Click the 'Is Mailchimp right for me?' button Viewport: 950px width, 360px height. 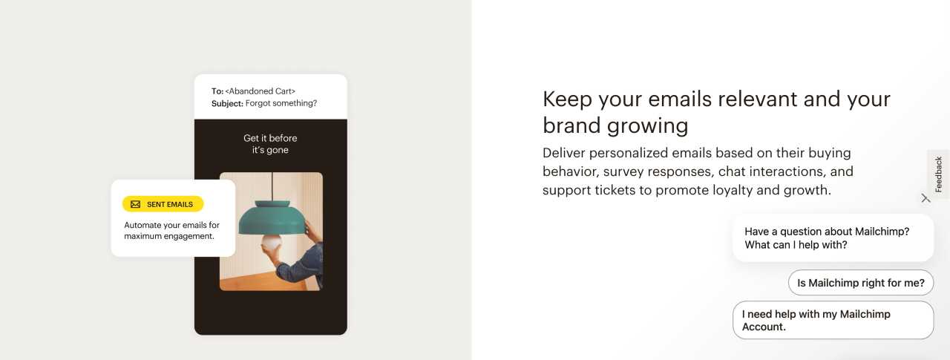pos(860,283)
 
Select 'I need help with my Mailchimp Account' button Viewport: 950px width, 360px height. pos(833,320)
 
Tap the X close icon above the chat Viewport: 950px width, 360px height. pos(926,198)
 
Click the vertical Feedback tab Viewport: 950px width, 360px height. pos(938,174)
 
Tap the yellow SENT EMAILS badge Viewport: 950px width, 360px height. pos(163,204)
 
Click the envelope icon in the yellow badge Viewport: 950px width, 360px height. pos(135,204)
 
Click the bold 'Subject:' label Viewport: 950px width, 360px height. pos(227,103)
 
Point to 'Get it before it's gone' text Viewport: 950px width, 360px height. pos(270,144)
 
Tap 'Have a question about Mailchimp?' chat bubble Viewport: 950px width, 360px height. pos(832,238)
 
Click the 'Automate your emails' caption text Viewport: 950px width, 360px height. pos(171,230)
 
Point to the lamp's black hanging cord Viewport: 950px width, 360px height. pos(273,186)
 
